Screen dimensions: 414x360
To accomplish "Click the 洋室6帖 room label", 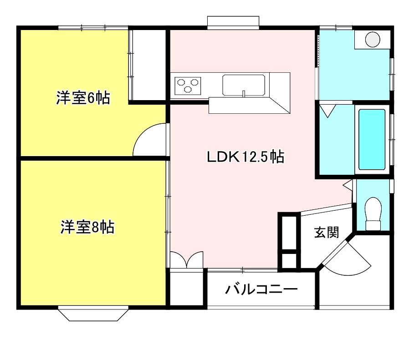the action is pyautogui.click(x=83, y=98).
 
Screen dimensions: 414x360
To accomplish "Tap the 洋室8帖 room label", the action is pyautogui.click(x=87, y=227).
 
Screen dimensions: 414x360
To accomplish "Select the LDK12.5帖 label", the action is pyautogui.click(x=245, y=157).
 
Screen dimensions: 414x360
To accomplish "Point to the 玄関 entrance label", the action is pyautogui.click(x=327, y=232).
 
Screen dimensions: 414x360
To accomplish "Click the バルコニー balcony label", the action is pyautogui.click(x=261, y=289).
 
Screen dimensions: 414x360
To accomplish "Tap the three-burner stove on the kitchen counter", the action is pyautogui.click(x=188, y=86).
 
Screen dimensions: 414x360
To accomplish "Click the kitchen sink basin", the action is pyautogui.click(x=244, y=85).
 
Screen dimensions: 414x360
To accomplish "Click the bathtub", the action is pyautogui.click(x=372, y=140).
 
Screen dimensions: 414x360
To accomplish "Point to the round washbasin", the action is pyautogui.click(x=373, y=40).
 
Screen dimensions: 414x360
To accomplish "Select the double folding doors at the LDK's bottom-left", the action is pyautogui.click(x=187, y=260).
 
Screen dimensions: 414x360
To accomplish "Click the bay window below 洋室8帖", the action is pyautogui.click(x=93, y=314).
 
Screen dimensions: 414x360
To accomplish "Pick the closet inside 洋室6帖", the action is pyautogui.click(x=148, y=65).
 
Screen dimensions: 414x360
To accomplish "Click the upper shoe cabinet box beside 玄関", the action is pyautogui.click(x=289, y=233).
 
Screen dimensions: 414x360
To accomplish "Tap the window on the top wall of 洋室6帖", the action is pyautogui.click(x=93, y=27).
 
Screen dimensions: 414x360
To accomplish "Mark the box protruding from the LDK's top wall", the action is pyautogui.click(x=233, y=23).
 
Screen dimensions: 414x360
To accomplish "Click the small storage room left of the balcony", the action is pyautogui.click(x=186, y=289).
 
